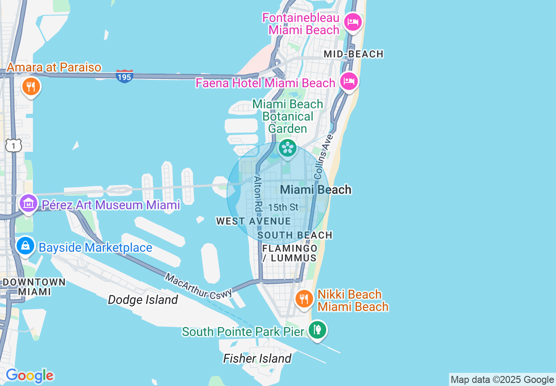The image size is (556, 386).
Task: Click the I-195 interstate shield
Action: point(125,76)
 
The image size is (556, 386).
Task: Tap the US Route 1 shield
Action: point(13,145)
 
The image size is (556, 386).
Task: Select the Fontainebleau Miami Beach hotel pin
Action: point(353,21)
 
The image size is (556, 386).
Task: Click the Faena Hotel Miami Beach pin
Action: point(349,82)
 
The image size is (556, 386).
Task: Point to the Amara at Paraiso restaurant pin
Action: point(30,86)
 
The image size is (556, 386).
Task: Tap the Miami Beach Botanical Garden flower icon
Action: point(288,148)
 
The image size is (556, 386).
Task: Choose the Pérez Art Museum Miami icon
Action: point(29,204)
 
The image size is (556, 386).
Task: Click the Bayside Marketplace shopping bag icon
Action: point(26,246)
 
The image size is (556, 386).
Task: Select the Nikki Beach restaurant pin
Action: point(303,299)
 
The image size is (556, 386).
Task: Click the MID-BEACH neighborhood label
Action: point(353,54)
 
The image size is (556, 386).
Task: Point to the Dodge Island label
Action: point(143,300)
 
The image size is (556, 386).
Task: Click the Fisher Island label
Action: point(257,358)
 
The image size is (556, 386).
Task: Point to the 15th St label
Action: point(283,207)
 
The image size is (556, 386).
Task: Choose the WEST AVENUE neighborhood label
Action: point(253,222)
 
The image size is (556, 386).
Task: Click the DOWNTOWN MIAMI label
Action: point(34,286)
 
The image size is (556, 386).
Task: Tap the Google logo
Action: point(29,375)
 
